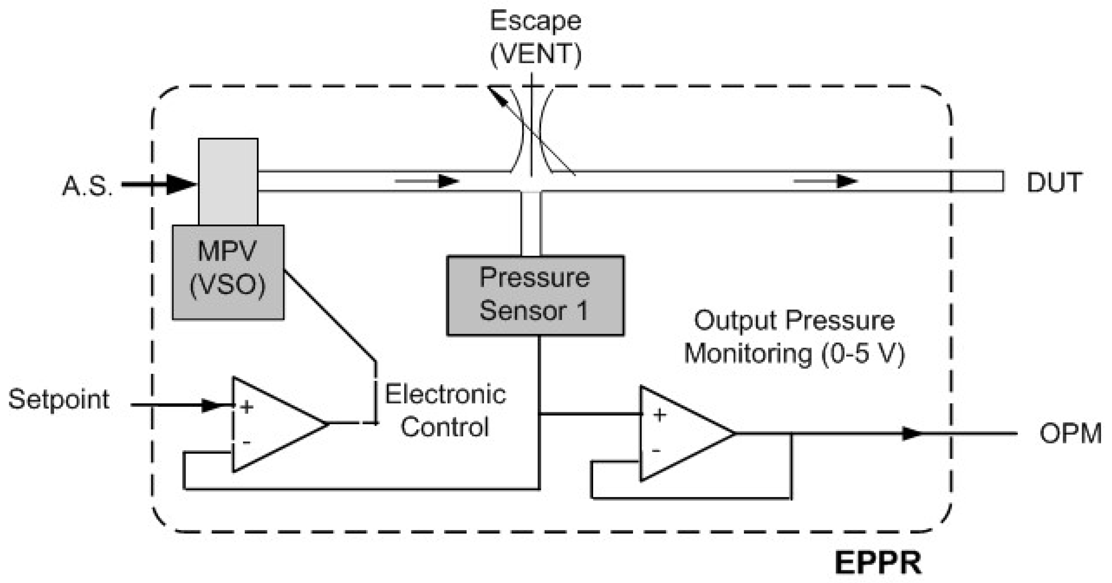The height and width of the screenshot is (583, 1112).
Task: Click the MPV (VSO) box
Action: pyautogui.click(x=228, y=272)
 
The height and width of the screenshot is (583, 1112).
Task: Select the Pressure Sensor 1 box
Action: pyautogui.click(x=535, y=295)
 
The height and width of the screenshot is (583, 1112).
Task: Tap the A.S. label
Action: pyautogui.click(x=88, y=186)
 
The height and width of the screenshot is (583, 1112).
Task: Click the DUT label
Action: pyautogui.click(x=1054, y=182)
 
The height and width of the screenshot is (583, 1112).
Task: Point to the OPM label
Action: pyautogui.click(x=1070, y=433)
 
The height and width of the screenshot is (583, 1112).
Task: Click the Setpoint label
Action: pyautogui.click(x=59, y=399)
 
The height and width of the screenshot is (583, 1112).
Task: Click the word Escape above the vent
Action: pyautogui.click(x=535, y=21)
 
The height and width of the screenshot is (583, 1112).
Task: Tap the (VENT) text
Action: pyautogui.click(x=535, y=55)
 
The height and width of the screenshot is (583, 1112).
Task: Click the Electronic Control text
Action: pyautogui.click(x=445, y=411)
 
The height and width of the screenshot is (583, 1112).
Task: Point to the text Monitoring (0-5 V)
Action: pyautogui.click(x=794, y=353)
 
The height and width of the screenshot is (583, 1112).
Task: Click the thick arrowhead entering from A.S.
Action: pyautogui.click(x=181, y=185)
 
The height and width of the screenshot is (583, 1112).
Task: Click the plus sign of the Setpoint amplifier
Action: pyautogui.click(x=247, y=407)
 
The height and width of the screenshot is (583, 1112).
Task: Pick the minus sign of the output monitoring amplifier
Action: pyautogui.click(x=656, y=451)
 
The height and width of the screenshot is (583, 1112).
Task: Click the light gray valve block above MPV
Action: pyautogui.click(x=228, y=182)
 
